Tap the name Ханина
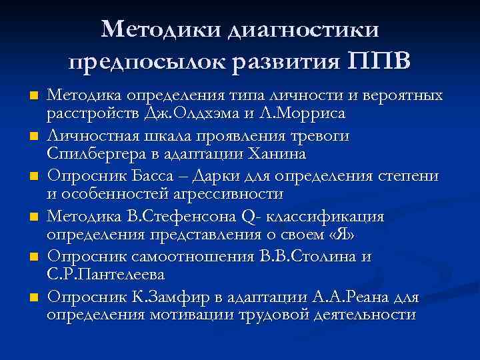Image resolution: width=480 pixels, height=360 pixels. pyautogui.click(x=278, y=154)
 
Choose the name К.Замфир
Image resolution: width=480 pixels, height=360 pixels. pyautogui.click(x=159, y=295)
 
